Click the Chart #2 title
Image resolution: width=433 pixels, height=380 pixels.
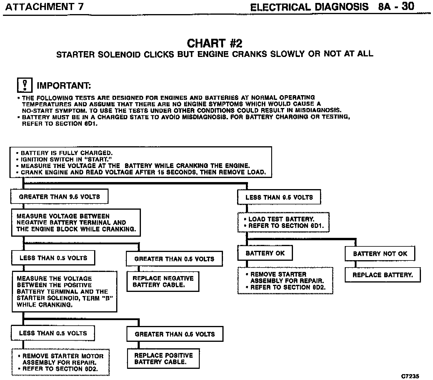tap(214, 43)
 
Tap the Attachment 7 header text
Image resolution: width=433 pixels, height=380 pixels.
tap(44, 7)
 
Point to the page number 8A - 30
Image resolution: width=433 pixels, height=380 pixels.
tap(396, 6)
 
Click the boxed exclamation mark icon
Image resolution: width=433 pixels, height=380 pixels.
tap(24, 85)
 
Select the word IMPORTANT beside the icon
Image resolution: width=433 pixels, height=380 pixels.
tap(64, 86)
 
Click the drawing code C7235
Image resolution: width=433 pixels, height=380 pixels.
tap(410, 376)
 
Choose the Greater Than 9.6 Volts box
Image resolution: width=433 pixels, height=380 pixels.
tap(59, 197)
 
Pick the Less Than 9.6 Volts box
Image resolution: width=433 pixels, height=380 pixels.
tap(279, 197)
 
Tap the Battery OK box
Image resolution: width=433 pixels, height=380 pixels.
tap(265, 253)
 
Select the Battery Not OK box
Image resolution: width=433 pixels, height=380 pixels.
tap(380, 254)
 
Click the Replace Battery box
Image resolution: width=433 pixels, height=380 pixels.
tap(382, 275)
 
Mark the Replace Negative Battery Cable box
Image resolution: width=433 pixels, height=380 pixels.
tap(163, 281)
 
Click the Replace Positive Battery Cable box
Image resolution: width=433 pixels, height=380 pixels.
tap(163, 359)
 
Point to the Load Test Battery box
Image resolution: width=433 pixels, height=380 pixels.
tap(284, 223)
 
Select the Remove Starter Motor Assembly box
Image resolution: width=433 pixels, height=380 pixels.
tap(61, 362)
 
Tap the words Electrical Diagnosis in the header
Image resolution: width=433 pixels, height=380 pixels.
tap(309, 7)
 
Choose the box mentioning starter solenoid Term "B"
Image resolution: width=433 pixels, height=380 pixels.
tap(64, 291)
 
